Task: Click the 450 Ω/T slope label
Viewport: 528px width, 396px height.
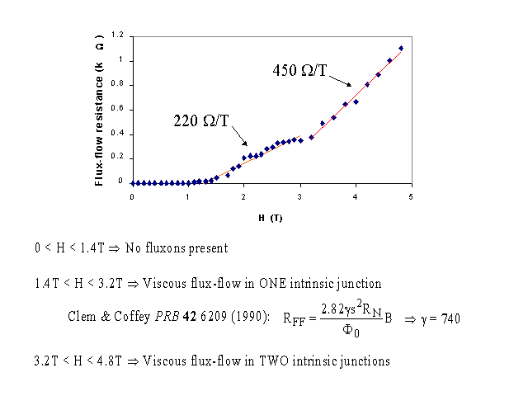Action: click(x=301, y=70)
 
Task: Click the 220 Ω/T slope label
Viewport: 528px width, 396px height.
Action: click(x=200, y=120)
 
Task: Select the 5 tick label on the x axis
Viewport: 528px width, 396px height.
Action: click(x=410, y=196)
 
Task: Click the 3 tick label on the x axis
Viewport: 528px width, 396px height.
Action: click(x=299, y=196)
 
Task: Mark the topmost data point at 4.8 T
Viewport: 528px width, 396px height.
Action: click(x=401, y=48)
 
